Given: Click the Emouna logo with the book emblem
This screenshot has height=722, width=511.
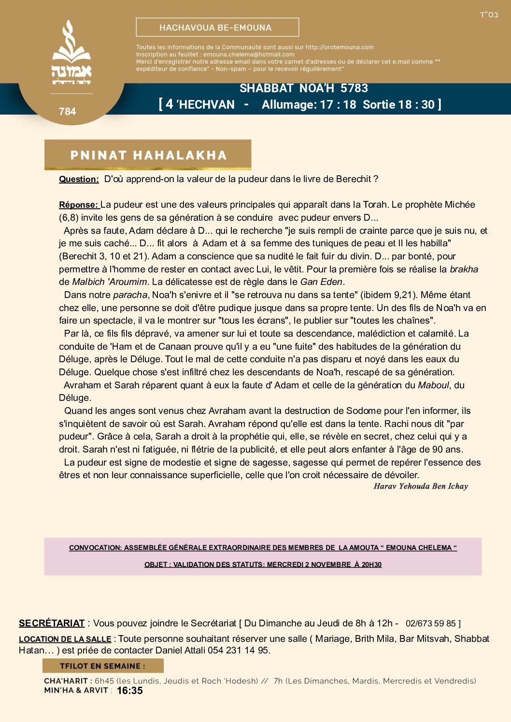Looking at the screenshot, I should coord(71,53).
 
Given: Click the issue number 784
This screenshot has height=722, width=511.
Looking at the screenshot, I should coord(67,112).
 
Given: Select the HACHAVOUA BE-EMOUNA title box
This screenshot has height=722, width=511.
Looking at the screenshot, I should coord(217,28).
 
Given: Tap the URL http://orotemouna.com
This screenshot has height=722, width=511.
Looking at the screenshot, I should coord(340,47).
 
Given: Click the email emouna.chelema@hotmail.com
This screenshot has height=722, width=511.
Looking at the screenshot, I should coord(249,55).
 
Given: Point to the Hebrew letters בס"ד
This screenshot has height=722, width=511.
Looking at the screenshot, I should coord(488,14).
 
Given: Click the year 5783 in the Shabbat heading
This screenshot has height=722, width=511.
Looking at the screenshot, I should coord(354,88).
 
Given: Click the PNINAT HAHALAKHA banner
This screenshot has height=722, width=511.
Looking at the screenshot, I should coord(148,155).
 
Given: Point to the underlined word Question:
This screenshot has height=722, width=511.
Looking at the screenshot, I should coord(79,179).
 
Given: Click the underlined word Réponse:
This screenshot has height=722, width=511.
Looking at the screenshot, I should coord(79,205).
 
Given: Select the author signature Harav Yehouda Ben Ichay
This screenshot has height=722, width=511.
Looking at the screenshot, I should coord(421,486).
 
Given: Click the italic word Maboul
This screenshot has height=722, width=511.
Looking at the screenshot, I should coord(434,385).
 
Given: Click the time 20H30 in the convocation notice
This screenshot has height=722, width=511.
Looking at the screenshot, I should coord(371,565).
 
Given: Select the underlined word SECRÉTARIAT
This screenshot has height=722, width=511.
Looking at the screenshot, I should coord(52,623).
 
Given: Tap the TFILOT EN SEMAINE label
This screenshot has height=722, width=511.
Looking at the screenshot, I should coord(102,666).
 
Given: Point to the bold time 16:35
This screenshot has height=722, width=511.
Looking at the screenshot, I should coord(129,691).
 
